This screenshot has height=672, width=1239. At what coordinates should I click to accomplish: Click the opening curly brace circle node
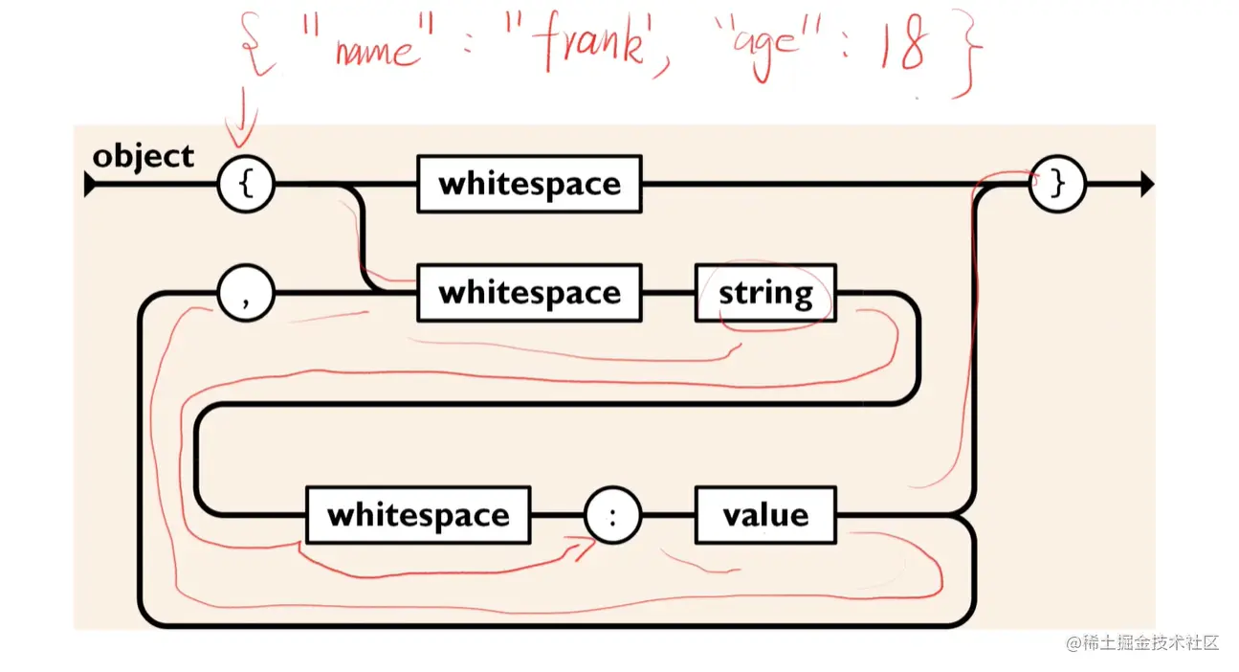(246, 184)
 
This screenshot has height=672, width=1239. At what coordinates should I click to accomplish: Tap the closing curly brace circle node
(1057, 184)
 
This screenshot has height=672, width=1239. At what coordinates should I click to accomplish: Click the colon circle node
(613, 515)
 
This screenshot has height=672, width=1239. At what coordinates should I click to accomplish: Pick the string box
(765, 293)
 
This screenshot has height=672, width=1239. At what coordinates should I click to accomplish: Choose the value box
(765, 515)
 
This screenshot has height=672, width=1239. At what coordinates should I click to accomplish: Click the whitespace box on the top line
(529, 184)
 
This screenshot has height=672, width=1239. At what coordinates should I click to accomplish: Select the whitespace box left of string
(529, 293)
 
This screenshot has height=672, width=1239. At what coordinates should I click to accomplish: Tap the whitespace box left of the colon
(418, 515)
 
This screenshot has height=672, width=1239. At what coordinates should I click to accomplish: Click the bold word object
(143, 156)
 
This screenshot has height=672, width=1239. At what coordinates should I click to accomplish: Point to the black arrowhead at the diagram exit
(1146, 184)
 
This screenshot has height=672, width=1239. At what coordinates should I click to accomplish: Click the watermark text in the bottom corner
(1142, 642)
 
